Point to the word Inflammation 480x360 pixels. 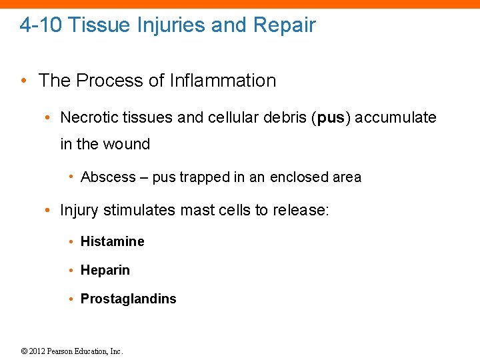point(223,81)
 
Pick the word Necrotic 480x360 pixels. point(86,118)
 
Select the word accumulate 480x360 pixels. point(397,118)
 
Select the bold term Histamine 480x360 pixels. point(112,241)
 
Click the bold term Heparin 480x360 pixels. point(105,270)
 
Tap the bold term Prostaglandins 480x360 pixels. point(128,299)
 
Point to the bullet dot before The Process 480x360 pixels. point(23,81)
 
